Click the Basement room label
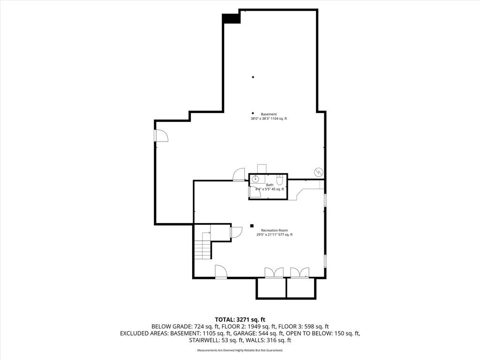(x=269, y=114)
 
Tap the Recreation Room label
(x=274, y=230)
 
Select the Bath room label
(x=270, y=185)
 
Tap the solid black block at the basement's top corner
(x=231, y=18)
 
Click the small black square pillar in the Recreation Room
(x=252, y=226)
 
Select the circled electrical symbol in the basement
(x=319, y=172)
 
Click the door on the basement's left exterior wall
(x=161, y=135)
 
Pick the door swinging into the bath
(x=255, y=192)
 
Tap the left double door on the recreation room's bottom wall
(x=274, y=273)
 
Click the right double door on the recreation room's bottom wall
(x=300, y=273)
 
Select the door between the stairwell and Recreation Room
(x=236, y=232)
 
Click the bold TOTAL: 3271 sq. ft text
(x=240, y=320)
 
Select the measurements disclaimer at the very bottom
(x=240, y=350)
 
